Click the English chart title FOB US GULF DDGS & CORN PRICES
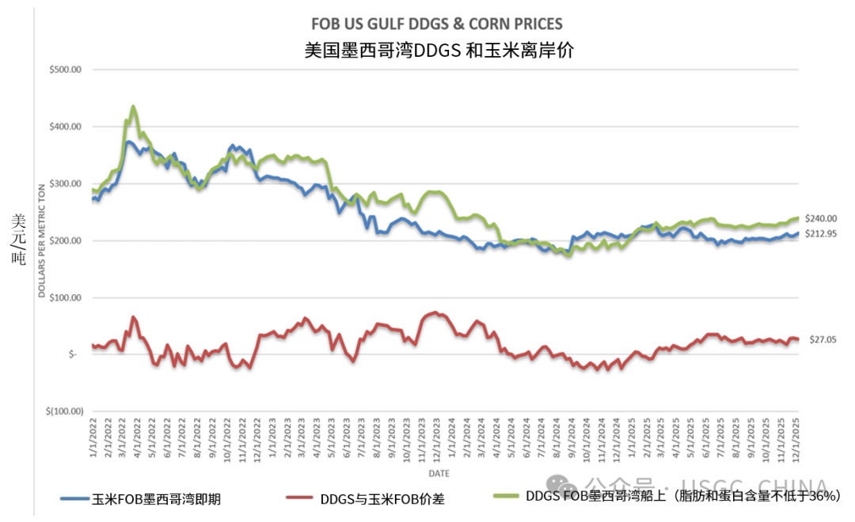(x=438, y=25)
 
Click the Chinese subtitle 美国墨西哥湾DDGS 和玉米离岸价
(x=438, y=51)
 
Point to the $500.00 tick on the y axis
(x=66, y=70)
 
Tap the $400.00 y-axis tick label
(x=66, y=127)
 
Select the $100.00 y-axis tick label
(x=66, y=297)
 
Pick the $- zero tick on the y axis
(x=72, y=354)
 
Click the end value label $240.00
(x=821, y=218)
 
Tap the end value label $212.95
(x=821, y=235)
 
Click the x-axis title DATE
(x=441, y=473)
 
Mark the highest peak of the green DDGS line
(x=132, y=106)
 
